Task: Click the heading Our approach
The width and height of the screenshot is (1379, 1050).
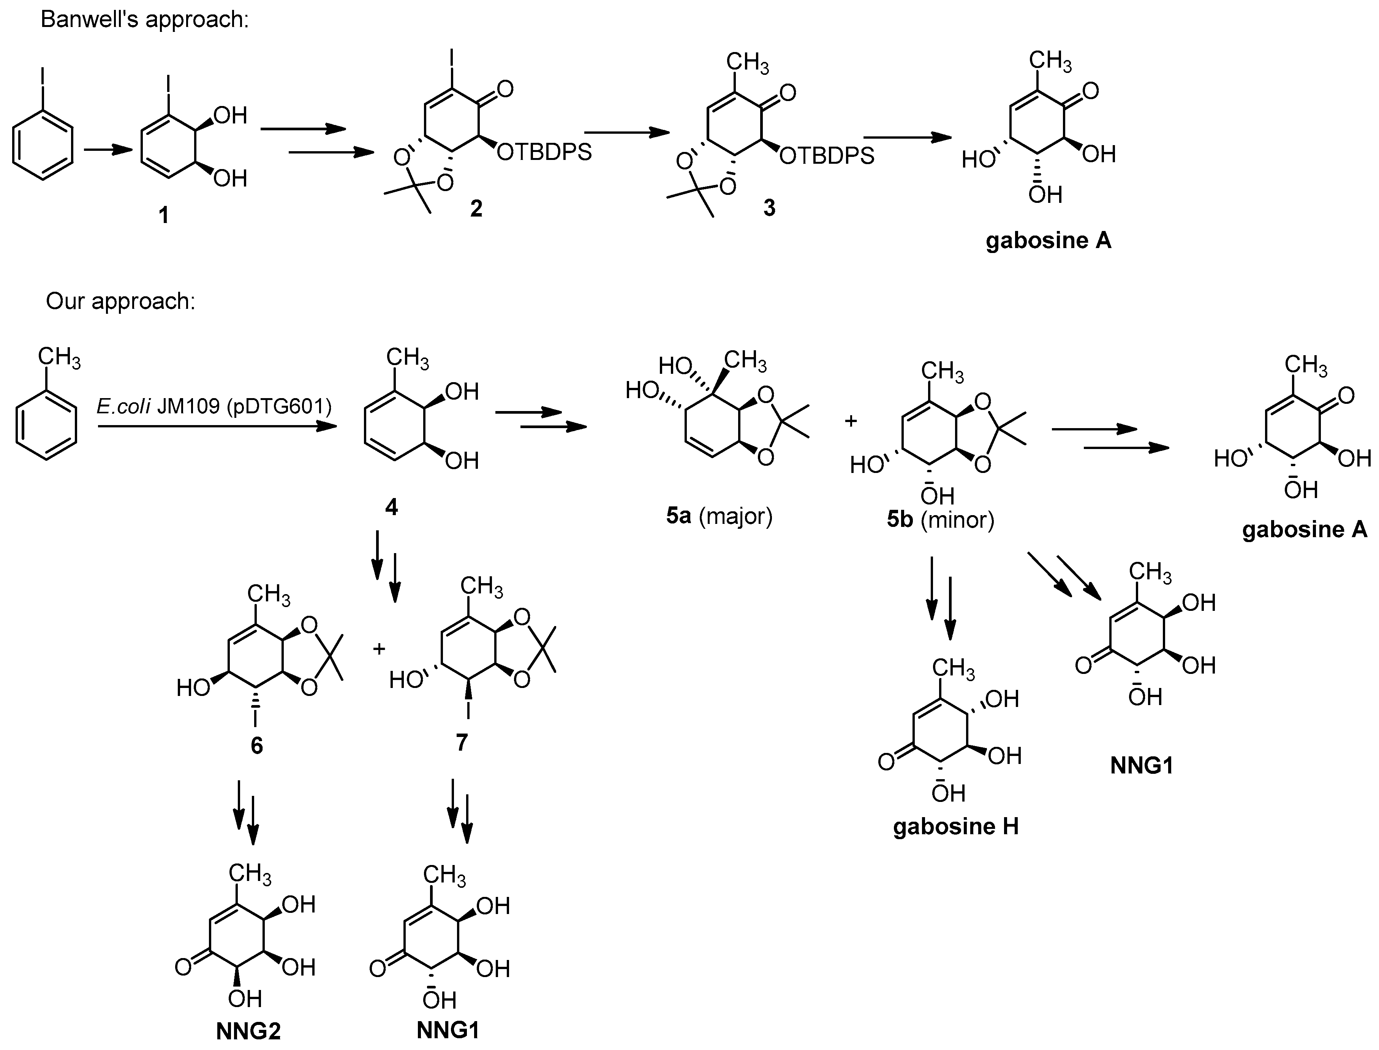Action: click(120, 301)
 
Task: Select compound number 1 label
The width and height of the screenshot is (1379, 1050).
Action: click(164, 216)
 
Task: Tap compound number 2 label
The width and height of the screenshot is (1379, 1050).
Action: click(476, 208)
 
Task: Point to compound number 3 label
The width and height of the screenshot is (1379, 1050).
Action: click(769, 208)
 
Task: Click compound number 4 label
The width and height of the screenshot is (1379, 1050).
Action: click(391, 507)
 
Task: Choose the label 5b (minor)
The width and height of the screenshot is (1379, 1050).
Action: click(940, 519)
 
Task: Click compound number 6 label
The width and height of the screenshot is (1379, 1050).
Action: click(257, 746)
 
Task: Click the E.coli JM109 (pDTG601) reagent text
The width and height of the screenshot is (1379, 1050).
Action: click(214, 407)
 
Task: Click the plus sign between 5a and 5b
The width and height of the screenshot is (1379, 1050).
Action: click(851, 421)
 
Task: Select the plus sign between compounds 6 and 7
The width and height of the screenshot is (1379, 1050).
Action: click(379, 649)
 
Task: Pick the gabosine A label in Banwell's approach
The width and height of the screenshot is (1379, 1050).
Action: click(1048, 240)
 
